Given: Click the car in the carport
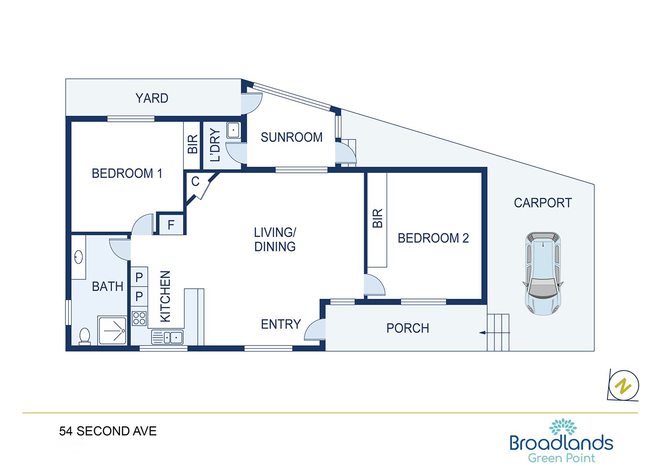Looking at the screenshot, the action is coord(543,273).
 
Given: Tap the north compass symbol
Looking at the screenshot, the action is coord(623,386).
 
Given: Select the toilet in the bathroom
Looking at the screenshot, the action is coord(85,336).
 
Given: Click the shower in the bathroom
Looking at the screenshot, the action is coord(112,330).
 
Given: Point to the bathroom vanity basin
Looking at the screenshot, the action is coord(78,257).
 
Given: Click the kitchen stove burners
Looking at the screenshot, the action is coord(139,318).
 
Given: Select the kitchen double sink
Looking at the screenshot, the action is coord(167,337).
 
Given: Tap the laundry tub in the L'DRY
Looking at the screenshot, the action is coord(234,130).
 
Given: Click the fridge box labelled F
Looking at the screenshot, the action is coord(171,225).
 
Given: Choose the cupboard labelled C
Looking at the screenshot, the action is coord(196,182).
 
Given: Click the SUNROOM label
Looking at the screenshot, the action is coord(292,137).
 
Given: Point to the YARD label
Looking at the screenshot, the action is coord(152,98).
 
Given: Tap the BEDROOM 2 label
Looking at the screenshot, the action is coord(433,238).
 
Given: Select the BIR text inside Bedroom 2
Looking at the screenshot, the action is coord(377,218).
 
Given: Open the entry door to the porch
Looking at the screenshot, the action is coord(315,330).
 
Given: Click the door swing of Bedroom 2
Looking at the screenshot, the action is coord(374,285).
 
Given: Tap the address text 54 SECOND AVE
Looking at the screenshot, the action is coord(108,431).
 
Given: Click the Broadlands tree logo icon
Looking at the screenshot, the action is coord(563,426).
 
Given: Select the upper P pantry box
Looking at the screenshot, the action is coord(139,277).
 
